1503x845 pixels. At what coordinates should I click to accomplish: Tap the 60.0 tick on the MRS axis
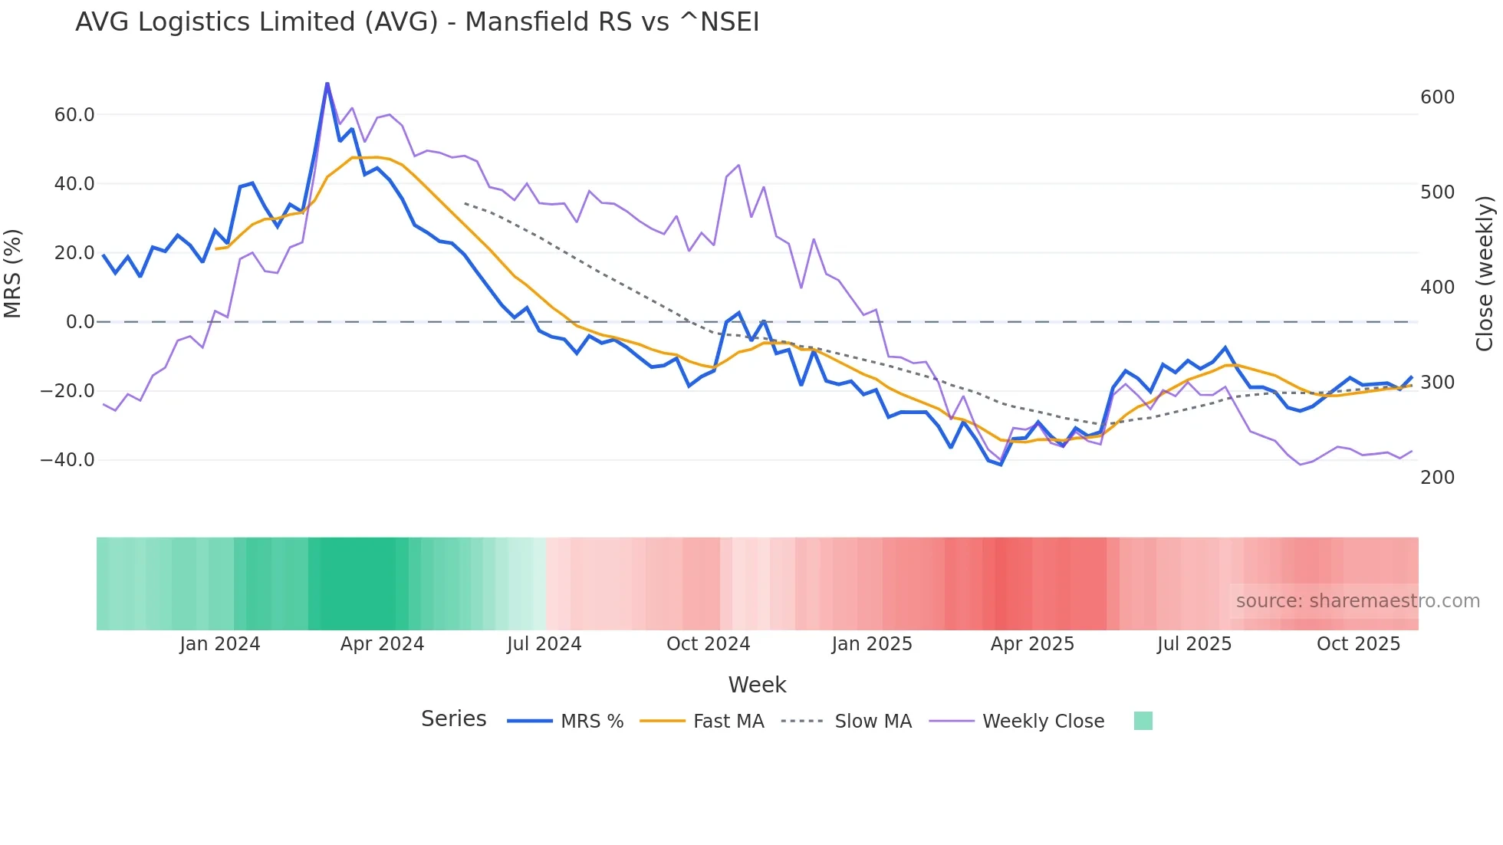(x=74, y=115)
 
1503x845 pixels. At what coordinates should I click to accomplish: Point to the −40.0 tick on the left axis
(x=67, y=460)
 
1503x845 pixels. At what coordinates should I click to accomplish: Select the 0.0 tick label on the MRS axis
(x=80, y=322)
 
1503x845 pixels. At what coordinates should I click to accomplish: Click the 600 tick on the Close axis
(x=1437, y=97)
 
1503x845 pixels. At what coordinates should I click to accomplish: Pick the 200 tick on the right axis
(x=1437, y=478)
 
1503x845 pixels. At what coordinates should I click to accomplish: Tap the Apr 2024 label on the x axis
(x=382, y=644)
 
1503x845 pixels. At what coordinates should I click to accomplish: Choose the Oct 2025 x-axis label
(x=1358, y=644)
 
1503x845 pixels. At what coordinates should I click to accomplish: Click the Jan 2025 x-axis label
(x=872, y=644)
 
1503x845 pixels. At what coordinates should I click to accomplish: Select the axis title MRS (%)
(x=13, y=274)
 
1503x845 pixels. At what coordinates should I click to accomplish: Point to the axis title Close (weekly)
(x=1485, y=274)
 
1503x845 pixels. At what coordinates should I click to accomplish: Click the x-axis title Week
(x=757, y=685)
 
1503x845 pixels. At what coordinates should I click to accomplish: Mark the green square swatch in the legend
(x=1143, y=721)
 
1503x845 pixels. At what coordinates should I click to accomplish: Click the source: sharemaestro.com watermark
(x=1357, y=601)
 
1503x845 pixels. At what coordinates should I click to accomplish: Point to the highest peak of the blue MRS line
(x=327, y=84)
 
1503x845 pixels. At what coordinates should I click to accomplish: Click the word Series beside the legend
(x=453, y=719)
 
